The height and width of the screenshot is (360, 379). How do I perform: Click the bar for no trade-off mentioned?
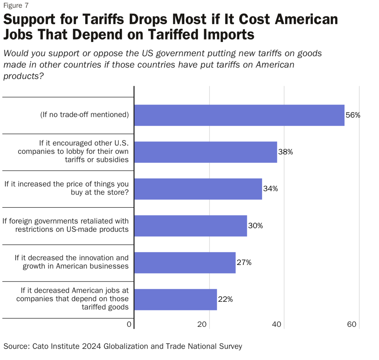(239, 115)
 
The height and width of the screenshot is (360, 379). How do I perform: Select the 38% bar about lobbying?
(205, 152)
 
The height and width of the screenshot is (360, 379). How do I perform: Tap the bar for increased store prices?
(198, 189)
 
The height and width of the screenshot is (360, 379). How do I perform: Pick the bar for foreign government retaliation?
(191, 226)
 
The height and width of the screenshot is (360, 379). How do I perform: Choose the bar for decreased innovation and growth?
(185, 263)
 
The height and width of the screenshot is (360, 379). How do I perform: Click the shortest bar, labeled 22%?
(175, 299)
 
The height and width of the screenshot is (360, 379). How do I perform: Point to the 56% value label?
(353, 115)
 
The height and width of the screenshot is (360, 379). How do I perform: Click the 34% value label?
(271, 189)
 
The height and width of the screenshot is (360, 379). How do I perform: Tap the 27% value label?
(244, 263)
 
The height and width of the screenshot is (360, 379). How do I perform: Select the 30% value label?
(255, 226)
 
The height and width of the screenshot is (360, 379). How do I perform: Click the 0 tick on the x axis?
(129, 324)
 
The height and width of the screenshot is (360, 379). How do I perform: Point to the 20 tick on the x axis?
(202, 324)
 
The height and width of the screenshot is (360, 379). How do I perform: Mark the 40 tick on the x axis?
(277, 324)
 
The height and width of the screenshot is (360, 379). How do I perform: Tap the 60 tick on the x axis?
(351, 324)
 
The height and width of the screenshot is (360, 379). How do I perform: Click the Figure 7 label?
(16, 6)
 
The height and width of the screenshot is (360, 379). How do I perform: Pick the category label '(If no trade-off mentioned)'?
(84, 115)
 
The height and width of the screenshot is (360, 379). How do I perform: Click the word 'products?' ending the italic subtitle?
(23, 76)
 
